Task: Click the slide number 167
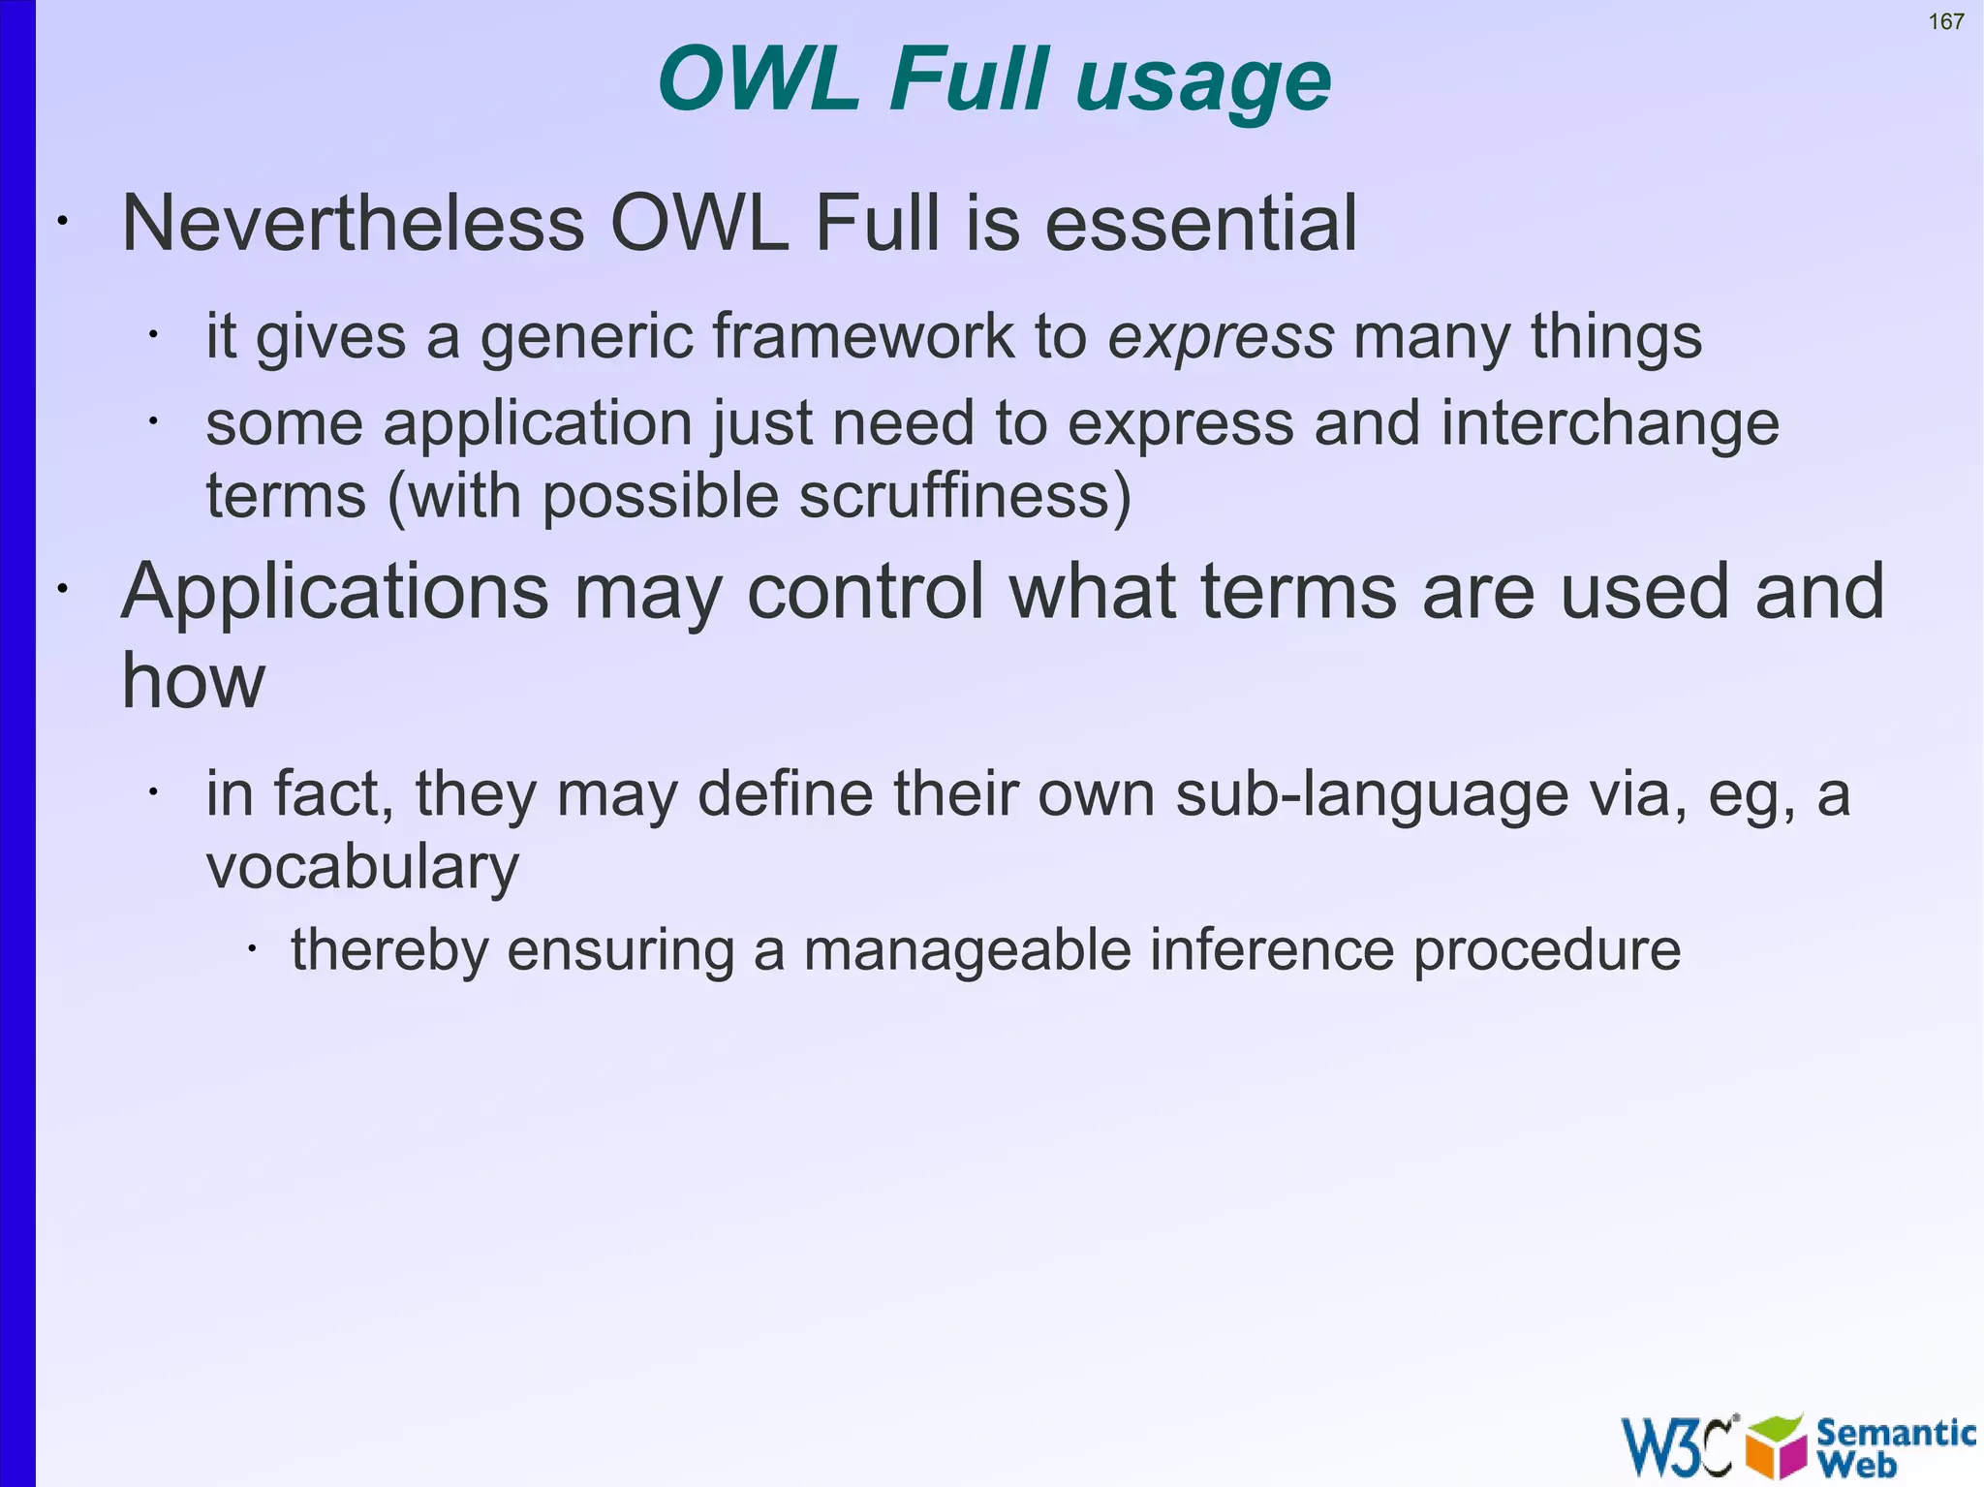pos(1945,21)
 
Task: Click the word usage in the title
pos(1203,81)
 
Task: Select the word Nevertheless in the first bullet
pos(353,224)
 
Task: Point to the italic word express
pos(1221,338)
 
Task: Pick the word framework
pos(863,337)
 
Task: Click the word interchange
pos(1609,424)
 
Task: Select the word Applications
pos(335,592)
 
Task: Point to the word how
pos(193,680)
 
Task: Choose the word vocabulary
pos(362,866)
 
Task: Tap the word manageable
pos(967,949)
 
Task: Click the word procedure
pos(1546,950)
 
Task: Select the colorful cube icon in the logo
pos(1776,1446)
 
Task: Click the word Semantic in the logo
pos(1895,1432)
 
